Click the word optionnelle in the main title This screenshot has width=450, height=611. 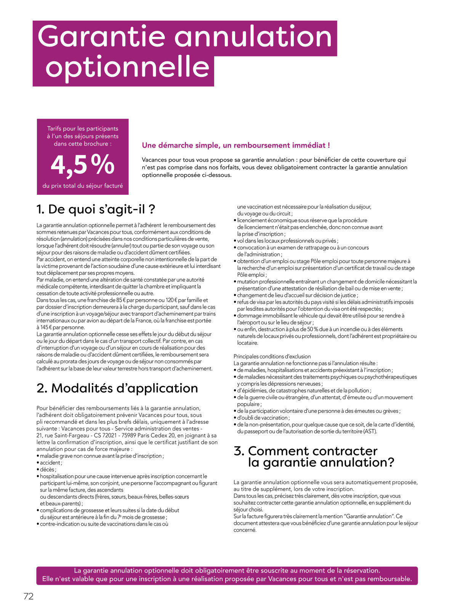128,68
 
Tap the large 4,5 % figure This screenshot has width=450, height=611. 83,165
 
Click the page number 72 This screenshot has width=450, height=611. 29,597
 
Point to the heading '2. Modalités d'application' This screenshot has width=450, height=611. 117,388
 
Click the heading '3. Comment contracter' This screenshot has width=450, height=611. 306,451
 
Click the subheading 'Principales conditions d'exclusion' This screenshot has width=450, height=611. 272,356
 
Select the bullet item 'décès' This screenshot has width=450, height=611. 48,470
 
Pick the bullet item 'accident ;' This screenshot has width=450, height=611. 51,463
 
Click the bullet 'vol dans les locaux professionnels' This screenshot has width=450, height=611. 287,241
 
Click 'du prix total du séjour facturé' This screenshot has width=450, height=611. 83,186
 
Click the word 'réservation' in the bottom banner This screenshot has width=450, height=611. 361,571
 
